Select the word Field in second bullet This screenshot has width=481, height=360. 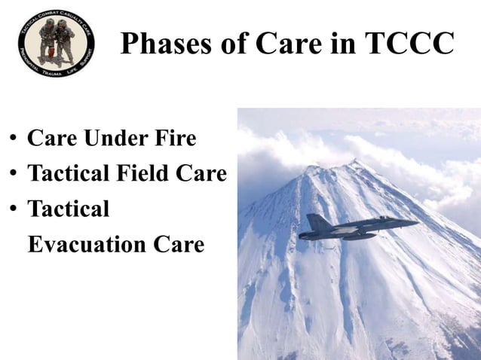[138, 174]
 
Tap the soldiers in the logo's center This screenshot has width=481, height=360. [57, 41]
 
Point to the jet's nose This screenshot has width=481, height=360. [415, 223]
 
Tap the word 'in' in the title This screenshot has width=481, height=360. [339, 44]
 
